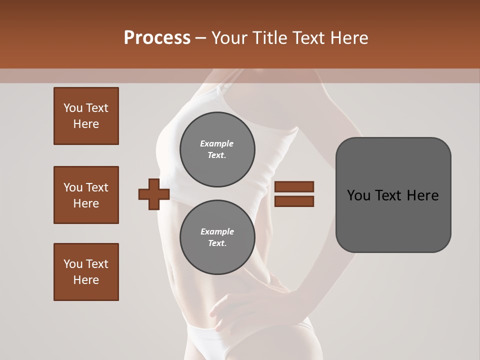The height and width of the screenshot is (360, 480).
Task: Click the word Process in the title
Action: (x=157, y=38)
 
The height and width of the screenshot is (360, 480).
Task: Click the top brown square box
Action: (x=86, y=116)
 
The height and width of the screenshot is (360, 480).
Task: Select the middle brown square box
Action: (x=86, y=195)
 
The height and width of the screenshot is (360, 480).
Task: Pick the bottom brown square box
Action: (x=86, y=272)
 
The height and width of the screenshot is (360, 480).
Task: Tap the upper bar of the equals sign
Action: (x=294, y=187)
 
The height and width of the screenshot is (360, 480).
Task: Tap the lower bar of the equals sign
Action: (x=294, y=201)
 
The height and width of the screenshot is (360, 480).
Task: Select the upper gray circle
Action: (x=217, y=149)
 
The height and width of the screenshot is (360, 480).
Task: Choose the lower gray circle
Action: (x=217, y=237)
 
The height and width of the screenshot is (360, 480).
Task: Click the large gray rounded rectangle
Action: (x=393, y=195)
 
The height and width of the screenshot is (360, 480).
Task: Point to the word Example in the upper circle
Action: (x=217, y=143)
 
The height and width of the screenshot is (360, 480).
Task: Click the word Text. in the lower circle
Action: (x=217, y=243)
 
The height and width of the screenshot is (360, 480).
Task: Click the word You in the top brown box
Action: (x=72, y=108)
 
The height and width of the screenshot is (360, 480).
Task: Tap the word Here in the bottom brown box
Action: (x=86, y=280)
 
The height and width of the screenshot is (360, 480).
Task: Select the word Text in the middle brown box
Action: (x=97, y=187)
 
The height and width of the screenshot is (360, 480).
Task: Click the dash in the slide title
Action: (x=200, y=38)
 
